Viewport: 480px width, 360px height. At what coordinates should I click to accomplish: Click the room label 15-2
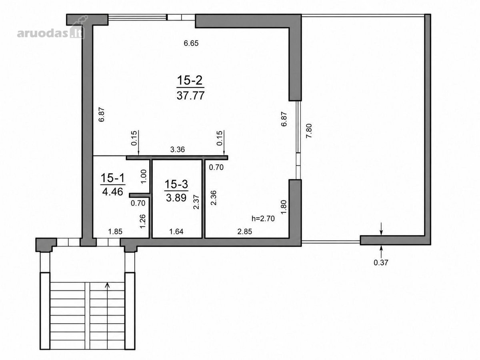tap(190, 80)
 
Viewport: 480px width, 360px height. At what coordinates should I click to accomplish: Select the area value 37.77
tap(191, 96)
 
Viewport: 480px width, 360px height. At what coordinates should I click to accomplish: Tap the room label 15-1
tap(112, 178)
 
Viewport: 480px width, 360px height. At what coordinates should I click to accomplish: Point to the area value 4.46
tap(113, 192)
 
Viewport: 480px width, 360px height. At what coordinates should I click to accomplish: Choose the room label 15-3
tap(176, 184)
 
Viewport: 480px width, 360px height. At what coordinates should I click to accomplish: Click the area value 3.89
tap(176, 198)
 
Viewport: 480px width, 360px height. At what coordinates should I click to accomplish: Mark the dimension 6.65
tap(191, 43)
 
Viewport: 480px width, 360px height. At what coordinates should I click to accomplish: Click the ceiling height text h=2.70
tap(263, 218)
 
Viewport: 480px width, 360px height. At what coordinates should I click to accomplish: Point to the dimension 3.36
tap(178, 150)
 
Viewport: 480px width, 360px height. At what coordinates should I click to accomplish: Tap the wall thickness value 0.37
tap(381, 262)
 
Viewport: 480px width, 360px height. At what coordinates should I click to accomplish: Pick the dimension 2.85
tap(245, 231)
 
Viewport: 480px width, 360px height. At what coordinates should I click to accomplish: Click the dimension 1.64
tap(176, 231)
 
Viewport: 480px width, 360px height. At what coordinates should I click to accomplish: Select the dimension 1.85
tap(115, 231)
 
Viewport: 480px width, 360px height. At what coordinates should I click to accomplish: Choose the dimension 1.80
tap(283, 207)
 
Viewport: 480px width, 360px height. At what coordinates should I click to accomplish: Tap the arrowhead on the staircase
tap(107, 285)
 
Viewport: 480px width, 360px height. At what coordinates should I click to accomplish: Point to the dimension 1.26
tap(142, 221)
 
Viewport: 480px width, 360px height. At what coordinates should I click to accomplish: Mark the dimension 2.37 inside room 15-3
tap(196, 202)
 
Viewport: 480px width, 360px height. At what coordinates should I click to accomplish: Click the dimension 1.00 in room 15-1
tap(144, 177)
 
